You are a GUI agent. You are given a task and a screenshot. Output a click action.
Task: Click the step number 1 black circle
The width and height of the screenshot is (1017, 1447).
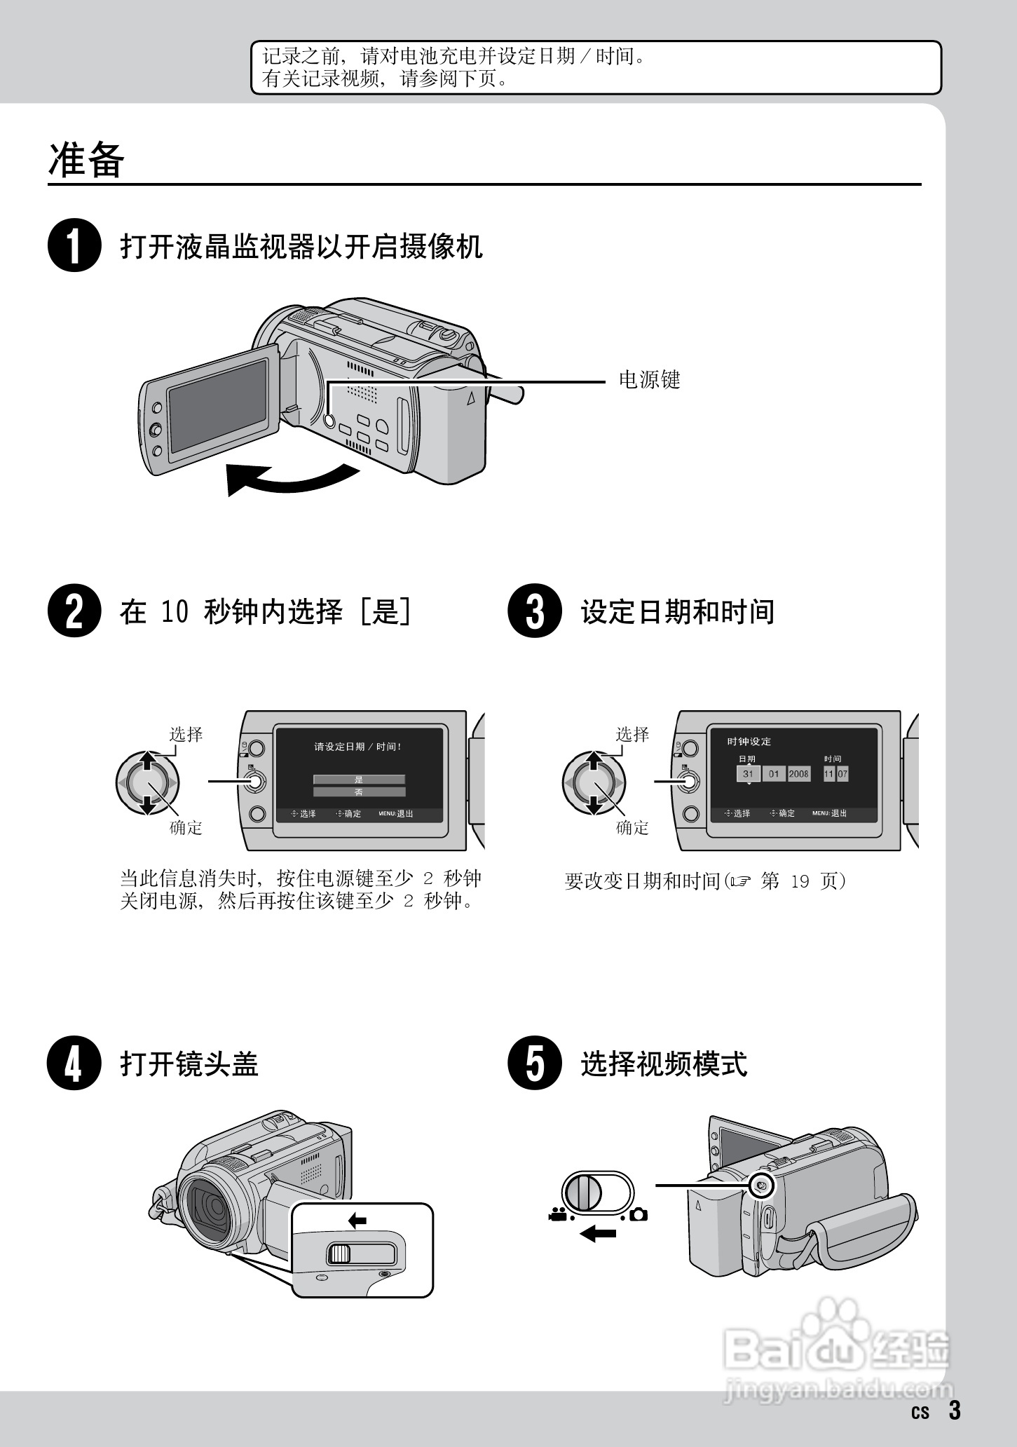point(74,245)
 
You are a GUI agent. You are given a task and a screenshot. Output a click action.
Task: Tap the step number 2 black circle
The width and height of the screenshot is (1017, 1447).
point(74,611)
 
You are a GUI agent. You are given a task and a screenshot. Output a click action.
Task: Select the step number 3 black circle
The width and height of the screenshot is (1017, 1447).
point(535,611)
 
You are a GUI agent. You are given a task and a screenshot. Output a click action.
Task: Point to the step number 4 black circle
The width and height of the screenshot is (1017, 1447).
point(74,1063)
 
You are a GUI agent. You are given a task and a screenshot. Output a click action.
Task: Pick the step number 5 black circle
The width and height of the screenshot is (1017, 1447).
point(535,1063)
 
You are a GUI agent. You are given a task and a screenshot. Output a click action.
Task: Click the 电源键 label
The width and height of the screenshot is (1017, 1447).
point(649,380)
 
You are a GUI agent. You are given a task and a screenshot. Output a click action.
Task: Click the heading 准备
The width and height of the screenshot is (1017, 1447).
point(86,160)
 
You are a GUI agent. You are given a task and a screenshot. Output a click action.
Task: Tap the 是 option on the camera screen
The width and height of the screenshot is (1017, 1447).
point(359,780)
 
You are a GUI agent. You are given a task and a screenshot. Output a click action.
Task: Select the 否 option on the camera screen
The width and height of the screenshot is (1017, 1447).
point(359,792)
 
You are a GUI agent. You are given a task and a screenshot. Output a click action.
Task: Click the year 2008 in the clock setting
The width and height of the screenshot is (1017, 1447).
point(798,774)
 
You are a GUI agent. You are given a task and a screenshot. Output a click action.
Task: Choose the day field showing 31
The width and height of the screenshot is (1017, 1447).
point(748,774)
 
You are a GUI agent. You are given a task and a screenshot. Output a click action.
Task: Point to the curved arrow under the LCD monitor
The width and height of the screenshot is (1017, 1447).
point(291,480)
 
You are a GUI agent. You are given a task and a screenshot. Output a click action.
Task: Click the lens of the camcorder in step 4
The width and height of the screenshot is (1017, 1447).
point(211,1207)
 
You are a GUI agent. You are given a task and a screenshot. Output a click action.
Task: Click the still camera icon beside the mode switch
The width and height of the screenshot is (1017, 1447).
point(638,1214)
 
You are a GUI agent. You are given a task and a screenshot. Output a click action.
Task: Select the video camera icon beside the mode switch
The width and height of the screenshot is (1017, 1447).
point(557,1214)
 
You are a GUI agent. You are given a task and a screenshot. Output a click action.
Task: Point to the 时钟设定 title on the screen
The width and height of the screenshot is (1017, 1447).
point(749,742)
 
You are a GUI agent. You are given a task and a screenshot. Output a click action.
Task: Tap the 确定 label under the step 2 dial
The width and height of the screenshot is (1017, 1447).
point(186,828)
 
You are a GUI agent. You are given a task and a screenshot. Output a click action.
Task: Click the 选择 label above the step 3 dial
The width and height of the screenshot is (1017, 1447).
point(632,734)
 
